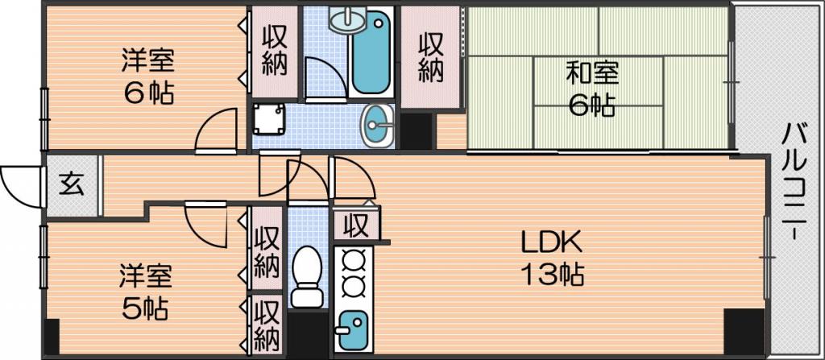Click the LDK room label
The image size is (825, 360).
point(551,243)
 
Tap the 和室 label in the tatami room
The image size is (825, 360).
point(591,73)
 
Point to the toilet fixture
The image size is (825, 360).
point(307,277)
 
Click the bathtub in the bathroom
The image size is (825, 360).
point(371,53)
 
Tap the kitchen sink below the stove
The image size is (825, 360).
point(353,330)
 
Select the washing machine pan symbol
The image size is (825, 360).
point(268,119)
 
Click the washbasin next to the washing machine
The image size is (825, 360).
point(377,126)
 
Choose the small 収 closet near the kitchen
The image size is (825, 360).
point(356,227)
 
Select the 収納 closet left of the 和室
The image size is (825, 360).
point(431,57)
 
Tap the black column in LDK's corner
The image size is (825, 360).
point(744,332)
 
